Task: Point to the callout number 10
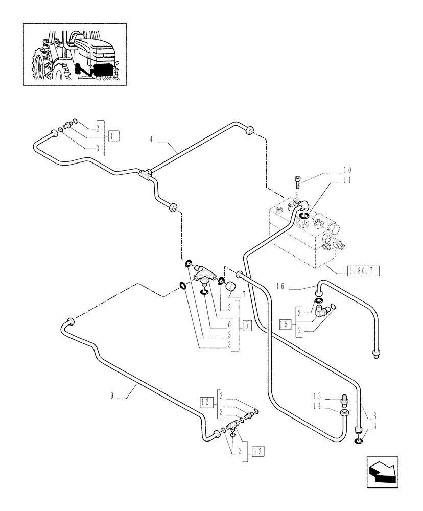[x=347, y=170]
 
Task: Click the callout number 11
[x=347, y=180]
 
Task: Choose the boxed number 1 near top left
[x=113, y=135]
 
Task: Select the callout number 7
[x=244, y=295]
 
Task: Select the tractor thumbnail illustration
[x=75, y=54]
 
